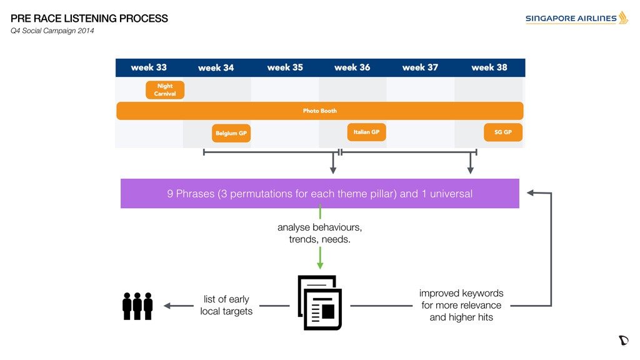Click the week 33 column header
149,67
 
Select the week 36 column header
352,67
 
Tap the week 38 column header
489,67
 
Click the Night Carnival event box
165,90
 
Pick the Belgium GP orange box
231,133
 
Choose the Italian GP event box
366,132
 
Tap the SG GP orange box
503,132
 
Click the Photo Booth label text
319,111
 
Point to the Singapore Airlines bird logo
623,17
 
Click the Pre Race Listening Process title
89,18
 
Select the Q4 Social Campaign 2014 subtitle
52,31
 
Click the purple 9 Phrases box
319,194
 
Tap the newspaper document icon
319,302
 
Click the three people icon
137,306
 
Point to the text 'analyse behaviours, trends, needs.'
319,233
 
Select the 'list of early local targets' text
226,305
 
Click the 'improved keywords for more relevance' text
461,299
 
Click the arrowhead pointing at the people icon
167,306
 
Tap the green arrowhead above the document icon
320,266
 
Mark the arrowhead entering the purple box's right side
530,192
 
